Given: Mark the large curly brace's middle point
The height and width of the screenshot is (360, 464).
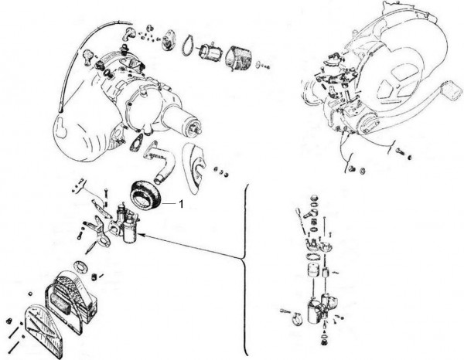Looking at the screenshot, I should tap(241, 256).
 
